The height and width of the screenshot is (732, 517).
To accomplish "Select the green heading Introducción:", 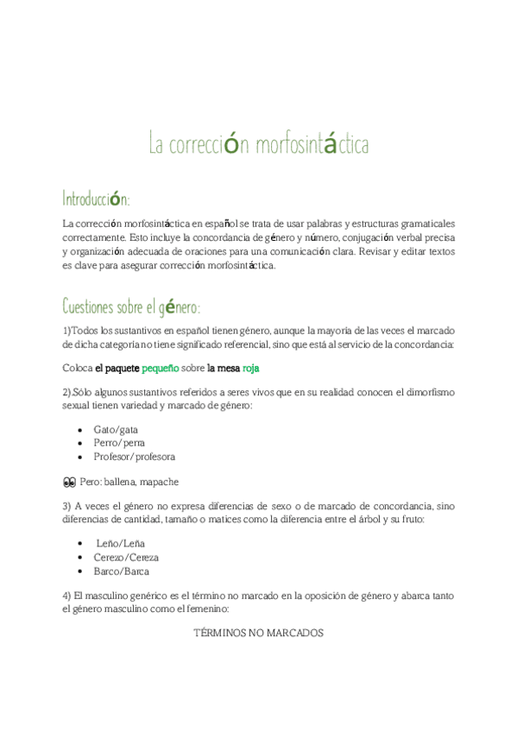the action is click(96, 199).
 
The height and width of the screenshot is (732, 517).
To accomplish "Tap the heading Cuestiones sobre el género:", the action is click(131, 306).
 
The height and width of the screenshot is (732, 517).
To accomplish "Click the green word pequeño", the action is click(160, 368).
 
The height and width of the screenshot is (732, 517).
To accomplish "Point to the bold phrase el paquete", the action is click(117, 368).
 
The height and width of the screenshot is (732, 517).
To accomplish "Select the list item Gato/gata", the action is click(116, 429).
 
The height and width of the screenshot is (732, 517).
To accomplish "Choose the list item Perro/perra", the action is click(119, 443).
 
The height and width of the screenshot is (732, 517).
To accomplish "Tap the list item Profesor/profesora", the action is click(134, 457).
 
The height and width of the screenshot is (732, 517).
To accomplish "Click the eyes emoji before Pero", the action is click(69, 482).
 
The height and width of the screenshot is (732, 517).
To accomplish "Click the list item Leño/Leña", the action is click(121, 544).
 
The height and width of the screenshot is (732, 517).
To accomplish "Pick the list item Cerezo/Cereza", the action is click(126, 558).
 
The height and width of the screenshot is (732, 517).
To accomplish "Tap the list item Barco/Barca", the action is click(121, 571).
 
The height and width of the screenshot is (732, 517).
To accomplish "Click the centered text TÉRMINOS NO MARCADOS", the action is click(258, 633).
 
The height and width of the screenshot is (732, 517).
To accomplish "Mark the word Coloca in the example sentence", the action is click(77, 368).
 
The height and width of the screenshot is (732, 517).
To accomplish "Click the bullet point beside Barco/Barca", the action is click(81, 571).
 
